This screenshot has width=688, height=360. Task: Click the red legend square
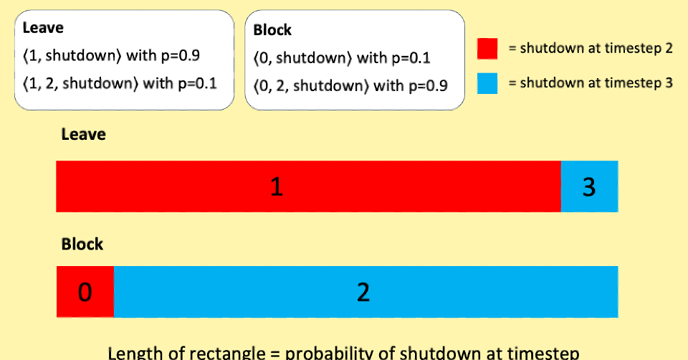pos(487,49)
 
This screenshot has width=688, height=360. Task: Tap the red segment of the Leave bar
pos(308,186)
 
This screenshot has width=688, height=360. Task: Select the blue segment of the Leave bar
pos(589,186)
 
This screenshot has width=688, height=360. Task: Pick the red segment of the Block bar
pos(85,292)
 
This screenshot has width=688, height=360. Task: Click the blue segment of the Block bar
pos(365,292)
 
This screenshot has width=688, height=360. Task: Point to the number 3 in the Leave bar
pos(589,187)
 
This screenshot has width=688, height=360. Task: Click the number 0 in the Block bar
pos(85,293)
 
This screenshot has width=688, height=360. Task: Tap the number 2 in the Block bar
pos(363,293)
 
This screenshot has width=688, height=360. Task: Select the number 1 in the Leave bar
pos(276,187)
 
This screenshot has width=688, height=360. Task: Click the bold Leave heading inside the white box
pos(43,29)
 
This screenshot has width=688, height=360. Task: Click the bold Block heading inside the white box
pos(272,31)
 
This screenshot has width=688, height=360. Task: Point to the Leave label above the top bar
pos(83,134)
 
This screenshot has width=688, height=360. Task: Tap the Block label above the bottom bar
pos(82,245)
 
